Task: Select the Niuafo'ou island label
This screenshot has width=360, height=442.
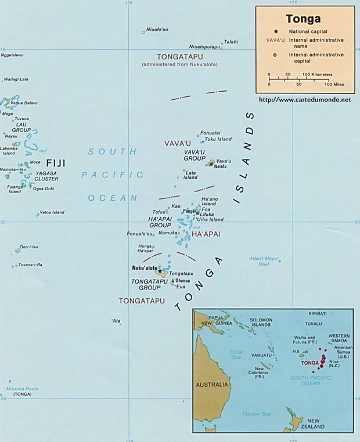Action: coord(157,29)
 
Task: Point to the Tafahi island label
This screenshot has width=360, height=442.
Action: coord(231,41)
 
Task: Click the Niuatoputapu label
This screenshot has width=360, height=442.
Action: coord(204,46)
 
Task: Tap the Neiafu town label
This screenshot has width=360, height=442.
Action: coord(220,166)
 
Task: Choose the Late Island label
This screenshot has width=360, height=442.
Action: coord(190,175)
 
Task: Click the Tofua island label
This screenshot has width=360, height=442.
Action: coord(159,212)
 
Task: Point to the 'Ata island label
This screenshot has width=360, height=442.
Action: coord(116,321)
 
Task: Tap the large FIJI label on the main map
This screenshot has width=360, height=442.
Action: coord(56,164)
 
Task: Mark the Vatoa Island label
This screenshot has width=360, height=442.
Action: coord(52,212)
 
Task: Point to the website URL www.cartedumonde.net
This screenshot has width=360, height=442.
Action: coord(305,99)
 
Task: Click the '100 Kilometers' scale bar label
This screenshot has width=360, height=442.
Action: coord(318,74)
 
